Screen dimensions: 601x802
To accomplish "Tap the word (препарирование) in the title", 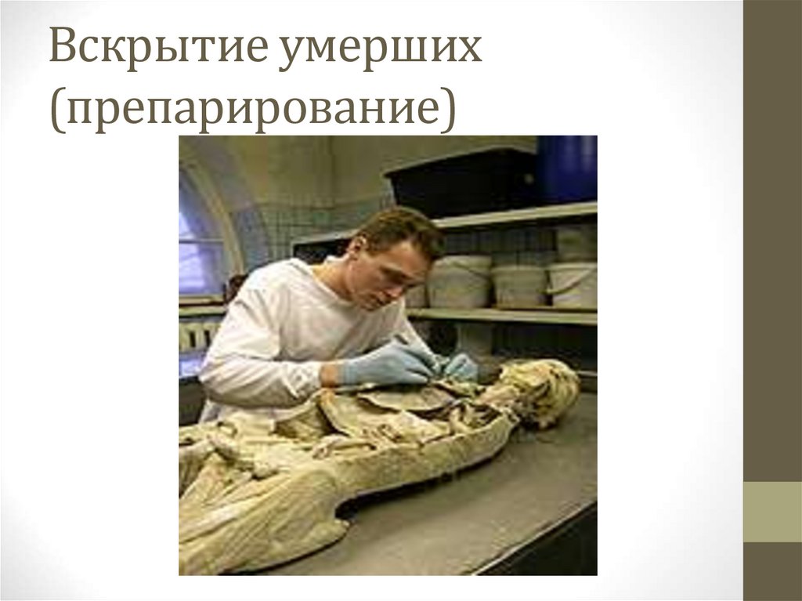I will [x=253, y=108].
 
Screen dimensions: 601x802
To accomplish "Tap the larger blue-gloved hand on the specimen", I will [x=388, y=365].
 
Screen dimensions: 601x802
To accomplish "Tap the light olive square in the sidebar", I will [x=772, y=511].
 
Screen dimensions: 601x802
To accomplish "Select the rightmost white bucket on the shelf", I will [x=572, y=284].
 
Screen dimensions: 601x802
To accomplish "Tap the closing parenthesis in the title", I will [x=447, y=108].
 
